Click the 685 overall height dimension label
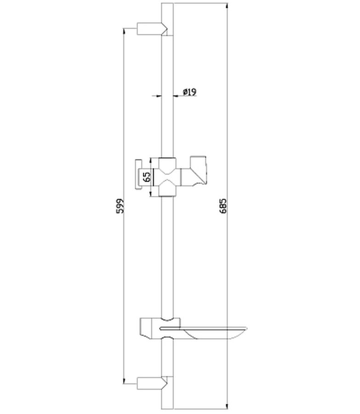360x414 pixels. click(223, 206)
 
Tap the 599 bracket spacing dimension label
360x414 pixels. click(120, 206)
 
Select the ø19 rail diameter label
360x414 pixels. click(189, 92)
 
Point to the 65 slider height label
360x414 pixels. click(147, 177)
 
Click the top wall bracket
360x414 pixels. click(152, 29)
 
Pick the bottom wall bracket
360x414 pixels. click(152, 383)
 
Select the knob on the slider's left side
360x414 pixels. click(139, 174)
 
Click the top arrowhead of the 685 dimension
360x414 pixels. click(227, 6)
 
